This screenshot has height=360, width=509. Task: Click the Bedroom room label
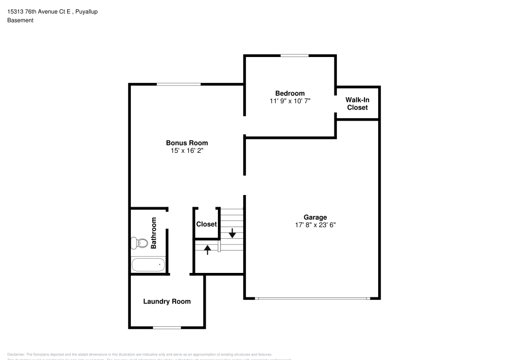pos(290,93)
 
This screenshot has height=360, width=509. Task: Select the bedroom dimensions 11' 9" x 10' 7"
pos(290,101)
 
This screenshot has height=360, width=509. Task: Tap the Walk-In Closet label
pos(357,104)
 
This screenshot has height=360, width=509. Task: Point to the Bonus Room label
pos(187,143)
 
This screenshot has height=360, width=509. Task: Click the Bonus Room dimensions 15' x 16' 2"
pos(187,151)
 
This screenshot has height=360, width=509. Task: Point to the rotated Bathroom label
pos(154,233)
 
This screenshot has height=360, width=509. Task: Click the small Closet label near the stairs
pos(206,225)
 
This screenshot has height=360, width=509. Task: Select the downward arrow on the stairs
pos(232,233)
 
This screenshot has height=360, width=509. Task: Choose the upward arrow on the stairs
pos(207,250)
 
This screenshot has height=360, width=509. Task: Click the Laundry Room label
pos(166,301)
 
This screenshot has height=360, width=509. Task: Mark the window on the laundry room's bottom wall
pos(167,327)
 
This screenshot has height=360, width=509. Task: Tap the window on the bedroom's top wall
pos(294,55)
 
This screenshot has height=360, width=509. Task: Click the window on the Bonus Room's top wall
pos(178,84)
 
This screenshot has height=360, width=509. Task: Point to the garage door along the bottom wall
pos(312,298)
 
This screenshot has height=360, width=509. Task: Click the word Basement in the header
pos(20,20)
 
